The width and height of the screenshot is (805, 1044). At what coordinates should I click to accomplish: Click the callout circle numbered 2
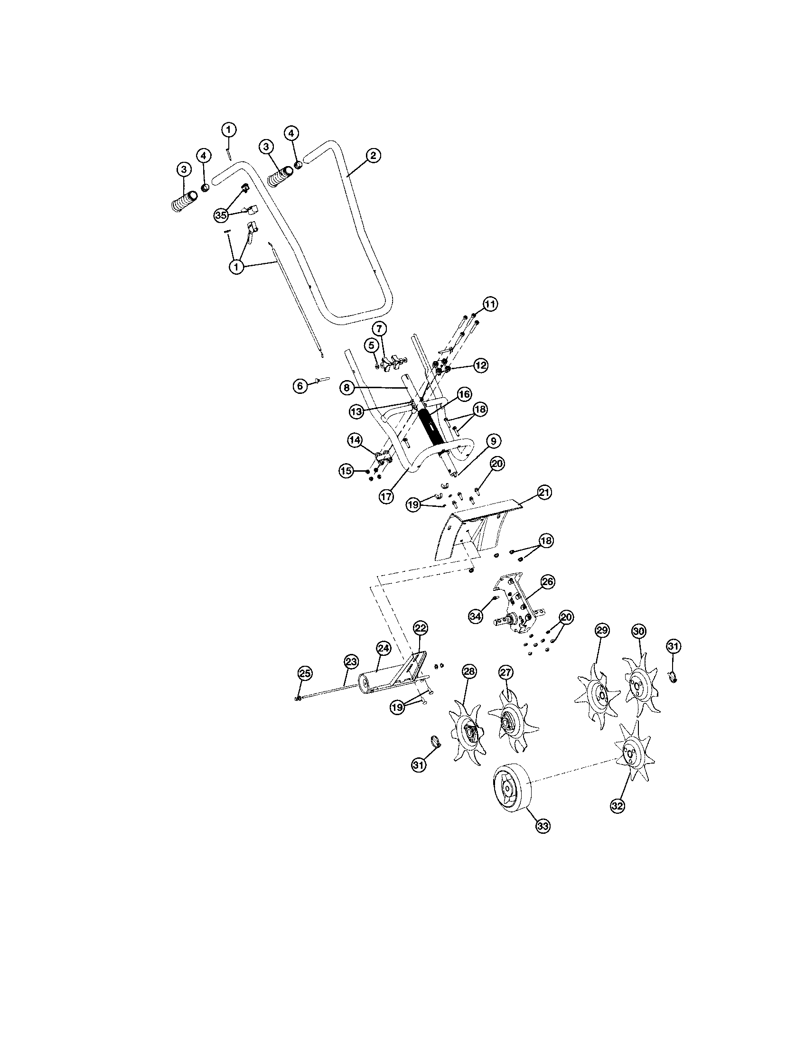coord(373,155)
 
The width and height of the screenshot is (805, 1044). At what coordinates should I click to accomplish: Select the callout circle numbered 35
coord(220,215)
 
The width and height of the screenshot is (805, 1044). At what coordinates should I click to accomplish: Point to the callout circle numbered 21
coord(544,492)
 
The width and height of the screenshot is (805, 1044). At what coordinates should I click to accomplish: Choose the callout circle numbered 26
coord(547,581)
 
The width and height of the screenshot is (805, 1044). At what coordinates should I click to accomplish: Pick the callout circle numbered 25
coord(305,673)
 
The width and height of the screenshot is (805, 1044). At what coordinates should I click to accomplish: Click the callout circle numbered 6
coord(300,386)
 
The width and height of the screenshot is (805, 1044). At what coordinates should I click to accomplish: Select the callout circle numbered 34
coord(475,616)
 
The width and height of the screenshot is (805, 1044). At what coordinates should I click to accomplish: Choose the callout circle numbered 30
coord(639,631)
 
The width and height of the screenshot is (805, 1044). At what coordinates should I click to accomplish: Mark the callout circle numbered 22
coord(421,627)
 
